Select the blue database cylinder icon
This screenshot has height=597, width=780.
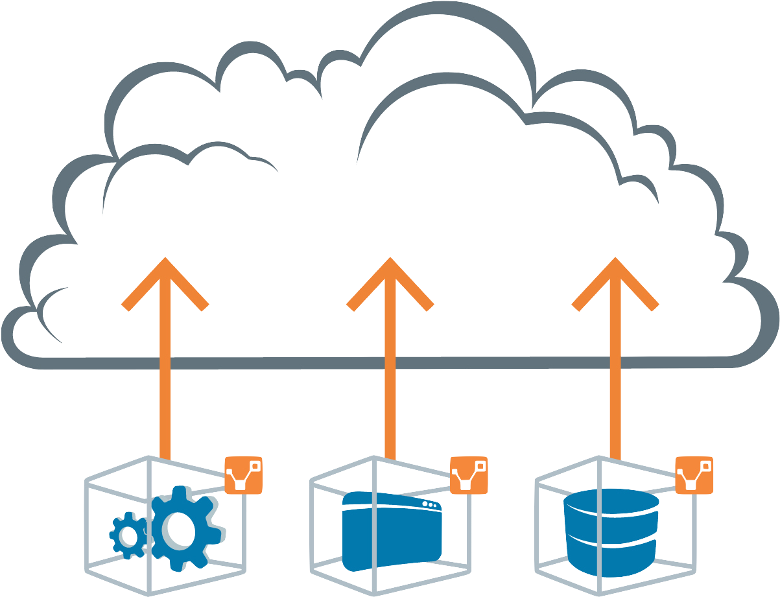611,528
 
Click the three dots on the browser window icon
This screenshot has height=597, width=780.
429,504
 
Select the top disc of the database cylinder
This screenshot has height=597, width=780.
611,500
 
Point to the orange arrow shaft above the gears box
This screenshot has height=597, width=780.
165,389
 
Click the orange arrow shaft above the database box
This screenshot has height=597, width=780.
614,389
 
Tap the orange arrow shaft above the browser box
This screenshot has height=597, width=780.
389,389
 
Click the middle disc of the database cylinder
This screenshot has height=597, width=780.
611,526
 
